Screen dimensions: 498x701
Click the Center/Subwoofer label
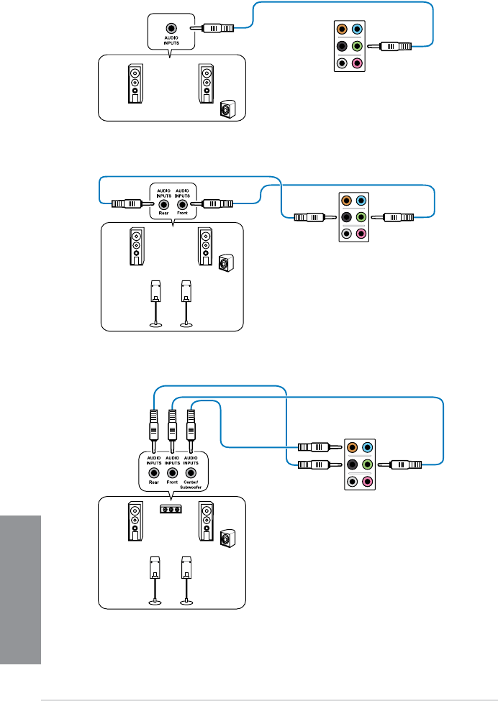191,485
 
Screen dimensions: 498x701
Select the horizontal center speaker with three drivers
171,509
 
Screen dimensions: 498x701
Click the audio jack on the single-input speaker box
171,28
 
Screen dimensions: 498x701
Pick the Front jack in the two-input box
181,204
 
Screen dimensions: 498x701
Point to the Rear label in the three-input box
154,482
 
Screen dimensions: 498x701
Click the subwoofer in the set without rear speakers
227,109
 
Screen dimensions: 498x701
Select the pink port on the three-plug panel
368,482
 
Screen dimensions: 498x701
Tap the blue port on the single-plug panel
357,29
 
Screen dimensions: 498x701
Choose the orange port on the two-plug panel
346,200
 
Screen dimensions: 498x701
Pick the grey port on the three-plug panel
353,482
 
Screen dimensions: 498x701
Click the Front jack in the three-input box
172,472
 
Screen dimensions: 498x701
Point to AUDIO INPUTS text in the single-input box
171,41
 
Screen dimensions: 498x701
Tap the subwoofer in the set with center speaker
227,539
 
